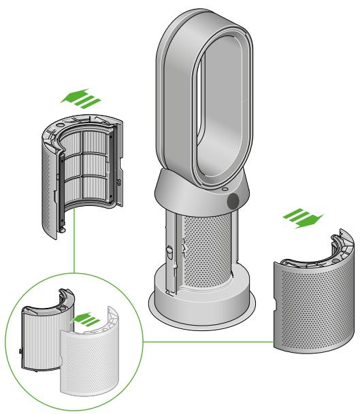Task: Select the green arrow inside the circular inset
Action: tap(84, 318)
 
